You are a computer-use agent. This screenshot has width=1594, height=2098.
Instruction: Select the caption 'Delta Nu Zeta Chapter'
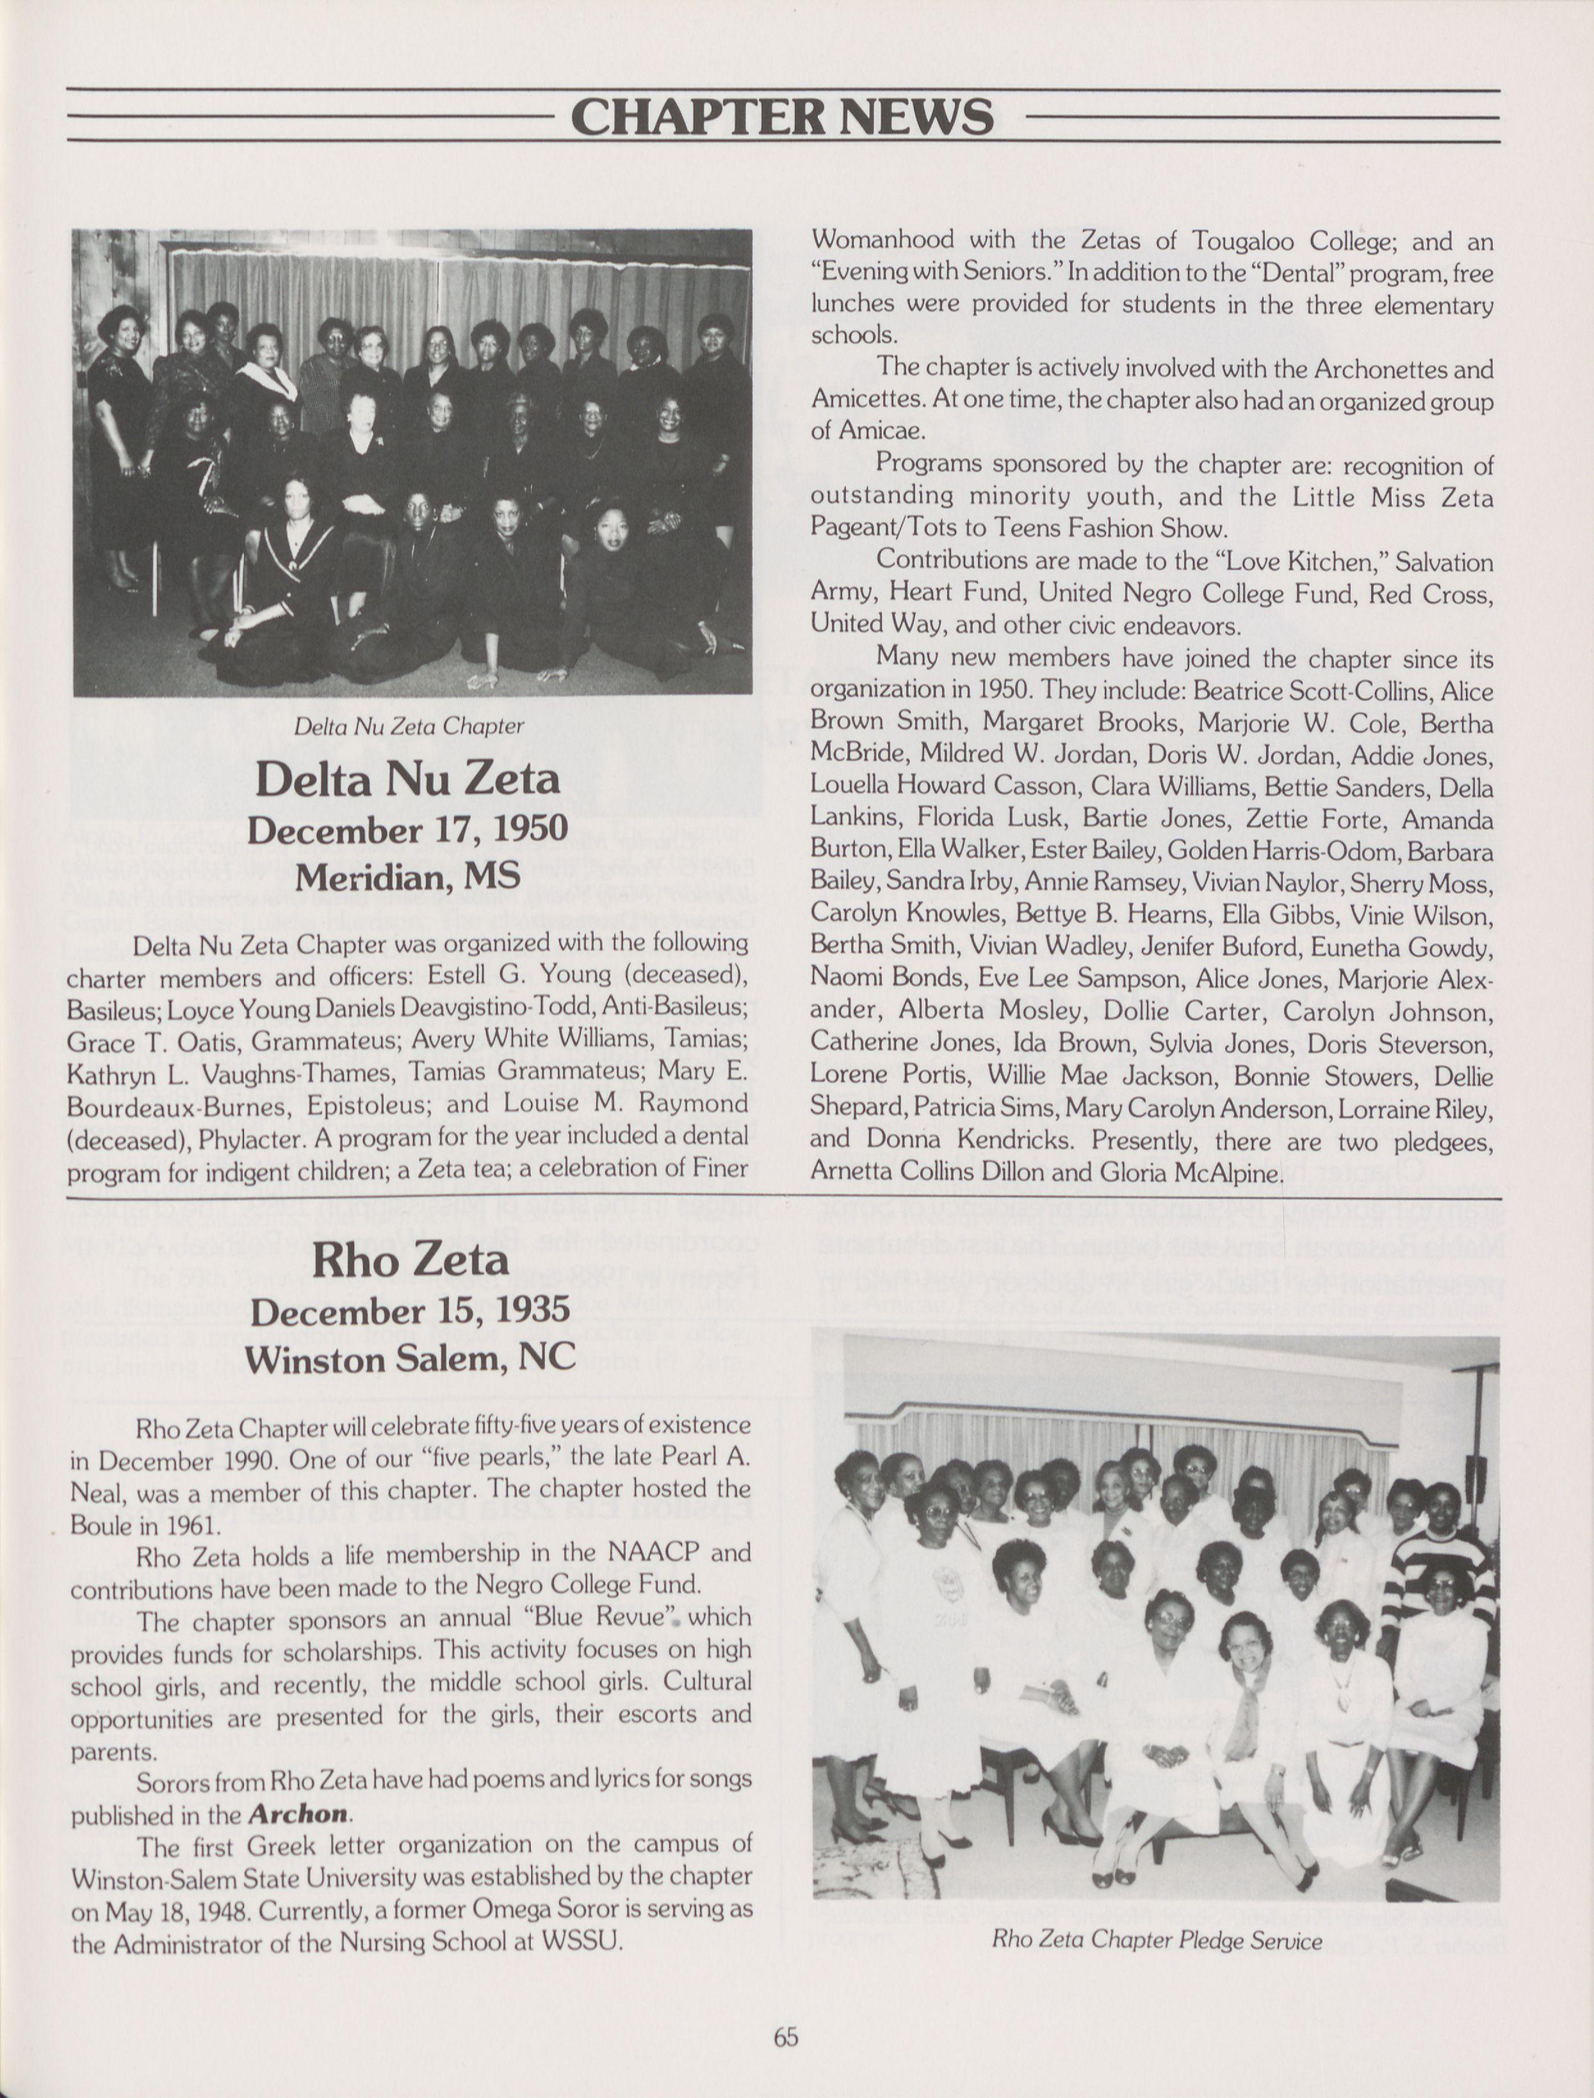tap(409, 727)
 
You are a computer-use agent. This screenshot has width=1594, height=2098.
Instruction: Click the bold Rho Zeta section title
tap(410, 1260)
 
